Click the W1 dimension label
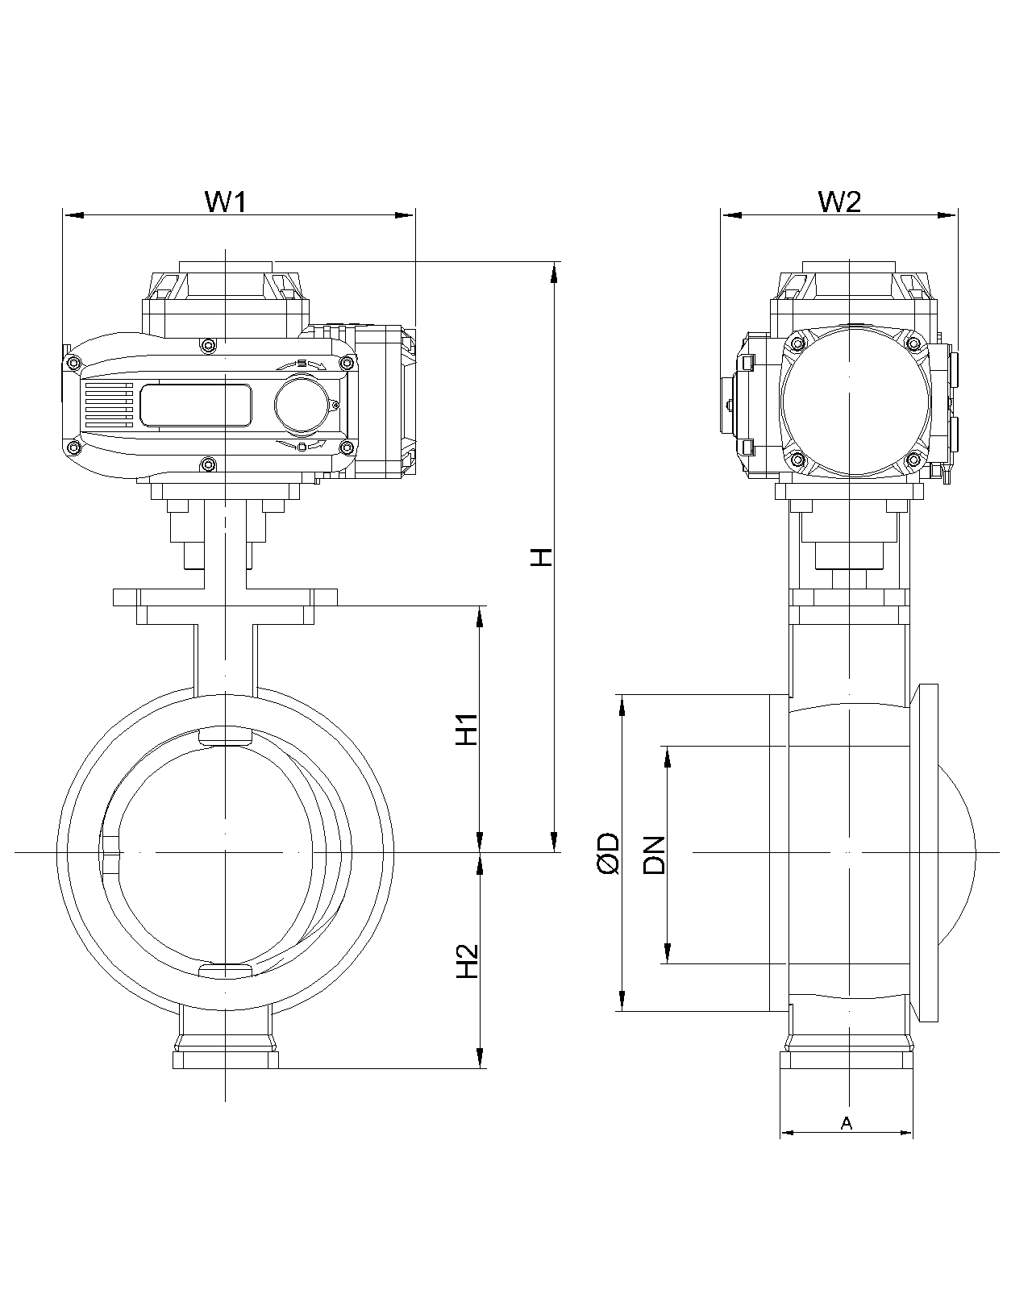pos(225,201)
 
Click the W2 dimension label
pos(839,201)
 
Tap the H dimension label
pos(541,556)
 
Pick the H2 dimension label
pos(467,961)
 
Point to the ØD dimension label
pos(609,852)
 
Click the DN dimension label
pos(654,855)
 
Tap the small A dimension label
pos(846,1122)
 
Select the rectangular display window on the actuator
pos(195,405)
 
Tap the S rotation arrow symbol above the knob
pos(302,364)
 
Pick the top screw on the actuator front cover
pos(209,345)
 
